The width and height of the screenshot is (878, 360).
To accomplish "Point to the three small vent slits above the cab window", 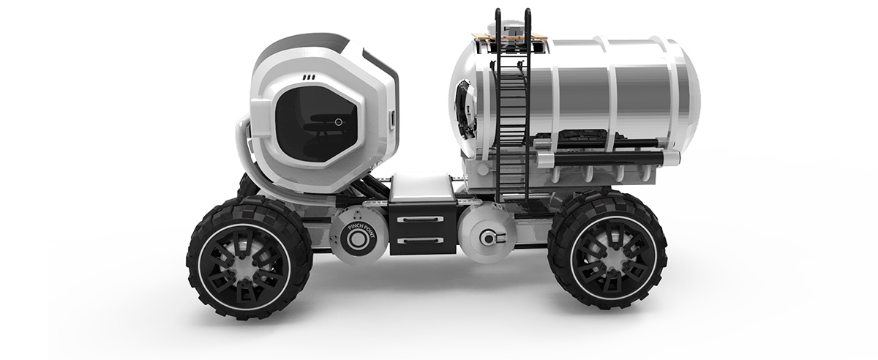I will click(x=309, y=75).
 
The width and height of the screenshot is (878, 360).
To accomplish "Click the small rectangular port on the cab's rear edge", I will click(x=392, y=117).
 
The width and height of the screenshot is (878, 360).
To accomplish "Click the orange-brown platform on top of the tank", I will click(x=512, y=34).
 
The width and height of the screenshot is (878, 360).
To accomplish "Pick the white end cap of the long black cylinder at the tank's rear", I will click(x=672, y=157).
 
